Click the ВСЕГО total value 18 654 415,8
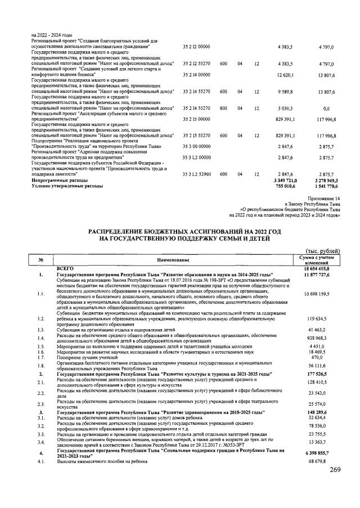point(321,269)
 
